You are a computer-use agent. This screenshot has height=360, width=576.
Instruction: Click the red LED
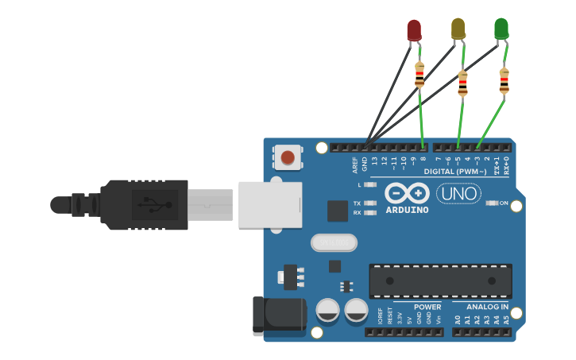(414, 30)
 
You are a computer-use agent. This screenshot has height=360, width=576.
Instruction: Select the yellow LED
(458, 29)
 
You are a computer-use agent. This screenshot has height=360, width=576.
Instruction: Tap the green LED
(501, 29)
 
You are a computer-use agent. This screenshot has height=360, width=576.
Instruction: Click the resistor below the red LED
(419, 75)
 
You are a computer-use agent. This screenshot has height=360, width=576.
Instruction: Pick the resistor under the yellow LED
(463, 83)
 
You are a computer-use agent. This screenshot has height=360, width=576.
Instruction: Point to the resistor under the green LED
(504, 80)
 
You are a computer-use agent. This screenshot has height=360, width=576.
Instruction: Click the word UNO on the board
(458, 193)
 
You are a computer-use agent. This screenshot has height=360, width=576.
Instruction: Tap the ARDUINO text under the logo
(407, 210)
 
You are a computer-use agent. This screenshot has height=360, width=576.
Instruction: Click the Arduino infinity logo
(407, 193)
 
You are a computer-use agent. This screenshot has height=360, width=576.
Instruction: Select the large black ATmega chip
(440, 281)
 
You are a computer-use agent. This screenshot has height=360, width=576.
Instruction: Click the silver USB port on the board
(270, 205)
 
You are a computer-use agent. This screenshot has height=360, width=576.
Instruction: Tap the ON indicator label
(504, 203)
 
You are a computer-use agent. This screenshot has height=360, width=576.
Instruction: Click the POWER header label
(427, 307)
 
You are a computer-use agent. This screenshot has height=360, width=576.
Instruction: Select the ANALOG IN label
(487, 307)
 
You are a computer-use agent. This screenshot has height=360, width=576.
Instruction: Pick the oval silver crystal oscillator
(334, 242)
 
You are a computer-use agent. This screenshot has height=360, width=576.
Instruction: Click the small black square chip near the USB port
(337, 211)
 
